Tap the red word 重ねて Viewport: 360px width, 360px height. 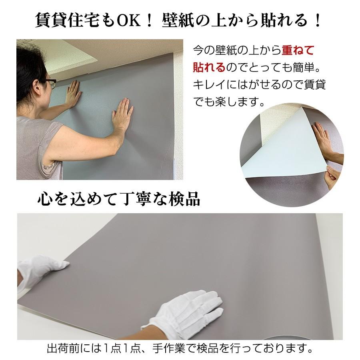point(298,50)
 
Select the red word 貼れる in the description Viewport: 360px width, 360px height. point(209,67)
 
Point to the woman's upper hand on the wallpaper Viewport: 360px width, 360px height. point(73,93)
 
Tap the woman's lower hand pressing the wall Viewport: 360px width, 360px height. point(122,114)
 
